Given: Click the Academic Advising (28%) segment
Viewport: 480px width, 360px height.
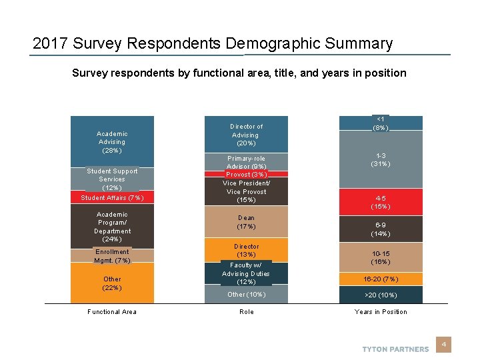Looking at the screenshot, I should coord(112,141).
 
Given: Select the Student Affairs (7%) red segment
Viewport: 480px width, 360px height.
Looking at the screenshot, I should coord(112,197).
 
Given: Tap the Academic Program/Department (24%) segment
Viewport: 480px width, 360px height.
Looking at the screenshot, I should coord(112,227).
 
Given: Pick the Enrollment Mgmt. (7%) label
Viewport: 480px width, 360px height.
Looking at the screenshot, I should coord(112,256).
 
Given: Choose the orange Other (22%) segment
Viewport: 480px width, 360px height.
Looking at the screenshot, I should coord(112,283).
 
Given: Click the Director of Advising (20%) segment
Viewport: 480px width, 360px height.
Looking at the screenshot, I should coord(246,135).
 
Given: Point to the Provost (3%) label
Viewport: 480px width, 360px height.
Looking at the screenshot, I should coord(246,175).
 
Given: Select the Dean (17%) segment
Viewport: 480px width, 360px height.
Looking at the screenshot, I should coord(246,222).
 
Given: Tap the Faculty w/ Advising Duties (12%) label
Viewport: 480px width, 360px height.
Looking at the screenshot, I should coord(246,273).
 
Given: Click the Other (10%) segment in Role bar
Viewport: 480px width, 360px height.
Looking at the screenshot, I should coord(246,295).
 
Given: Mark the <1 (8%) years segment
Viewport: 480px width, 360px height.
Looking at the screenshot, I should coord(381,123).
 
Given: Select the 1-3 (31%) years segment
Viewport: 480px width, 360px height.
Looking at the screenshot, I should coord(381,159).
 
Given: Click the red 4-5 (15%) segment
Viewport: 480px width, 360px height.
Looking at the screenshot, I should coord(381,202).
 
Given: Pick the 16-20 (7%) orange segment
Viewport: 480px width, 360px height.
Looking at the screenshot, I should coord(381,279).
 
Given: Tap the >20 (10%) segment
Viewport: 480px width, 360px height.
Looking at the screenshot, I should coord(381,295).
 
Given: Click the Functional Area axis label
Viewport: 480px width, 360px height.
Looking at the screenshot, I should coord(112,312).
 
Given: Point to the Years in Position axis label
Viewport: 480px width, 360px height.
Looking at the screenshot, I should coord(381,312).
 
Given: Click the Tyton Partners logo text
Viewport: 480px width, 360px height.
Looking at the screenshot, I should coord(395,349).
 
